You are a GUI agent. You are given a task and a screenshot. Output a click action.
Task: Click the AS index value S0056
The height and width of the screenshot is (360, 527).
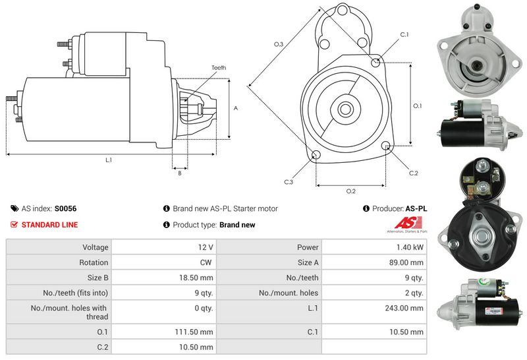pos(65,208)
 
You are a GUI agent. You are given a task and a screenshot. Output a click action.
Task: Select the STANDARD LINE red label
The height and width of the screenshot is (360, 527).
pos(49,225)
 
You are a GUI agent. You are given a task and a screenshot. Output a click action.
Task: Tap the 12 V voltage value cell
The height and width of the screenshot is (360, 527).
pos(205,247)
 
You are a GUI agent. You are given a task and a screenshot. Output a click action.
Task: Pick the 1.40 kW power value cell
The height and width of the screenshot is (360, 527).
pos(410,247)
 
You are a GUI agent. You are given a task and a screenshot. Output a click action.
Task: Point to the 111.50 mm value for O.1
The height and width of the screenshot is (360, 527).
pos(197,332)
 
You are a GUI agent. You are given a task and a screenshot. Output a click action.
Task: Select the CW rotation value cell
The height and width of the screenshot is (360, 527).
pos(207,262)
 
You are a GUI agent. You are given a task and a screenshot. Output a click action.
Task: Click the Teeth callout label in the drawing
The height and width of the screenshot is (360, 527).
pos(219,68)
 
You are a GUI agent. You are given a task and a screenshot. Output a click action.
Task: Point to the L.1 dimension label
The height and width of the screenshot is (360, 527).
pos(108,160)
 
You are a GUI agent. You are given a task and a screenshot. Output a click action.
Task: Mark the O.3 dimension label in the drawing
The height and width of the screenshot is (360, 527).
pos(279,44)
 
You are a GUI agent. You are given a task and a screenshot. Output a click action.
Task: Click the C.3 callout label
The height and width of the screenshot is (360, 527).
pos(289,181)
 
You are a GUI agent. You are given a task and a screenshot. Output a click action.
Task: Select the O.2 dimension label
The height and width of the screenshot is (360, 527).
pos(351,191)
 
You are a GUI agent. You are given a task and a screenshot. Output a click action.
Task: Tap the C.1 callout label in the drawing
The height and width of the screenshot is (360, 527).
pos(404,34)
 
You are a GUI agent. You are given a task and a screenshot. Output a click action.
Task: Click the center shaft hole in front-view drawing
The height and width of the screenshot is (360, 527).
pos(345,107)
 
